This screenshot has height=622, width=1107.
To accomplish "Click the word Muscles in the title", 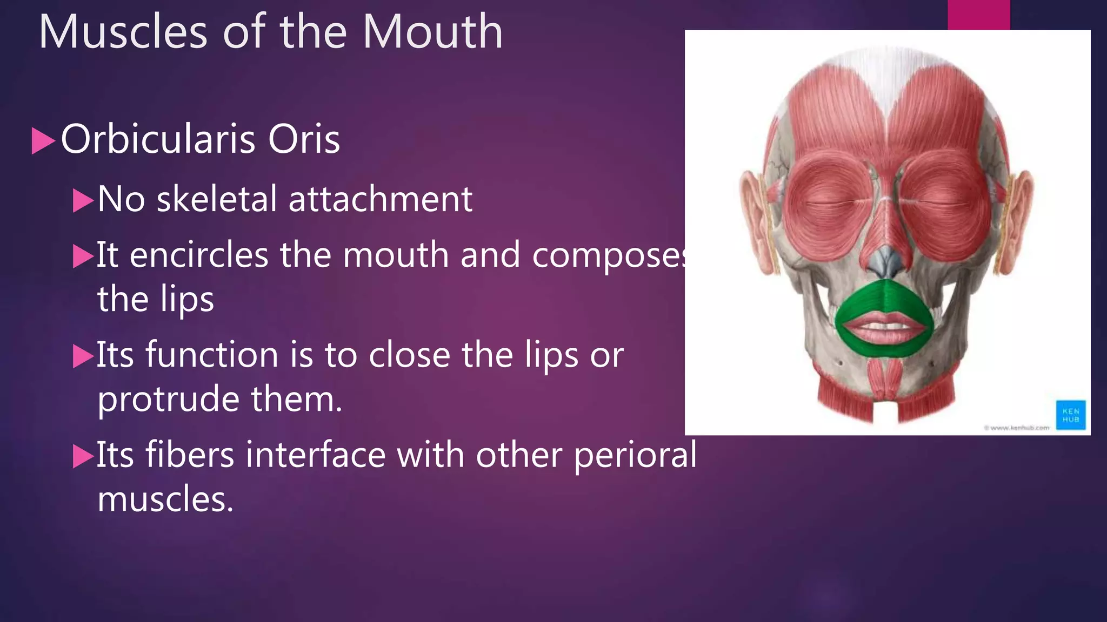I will pos(123,32).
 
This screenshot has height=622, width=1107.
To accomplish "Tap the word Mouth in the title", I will pos(432,32).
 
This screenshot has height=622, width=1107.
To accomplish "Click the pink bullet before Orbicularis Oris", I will pos(43,141).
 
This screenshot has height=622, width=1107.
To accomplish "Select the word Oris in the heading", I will pos(304,140).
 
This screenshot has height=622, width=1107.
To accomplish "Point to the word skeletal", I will pos(217,199).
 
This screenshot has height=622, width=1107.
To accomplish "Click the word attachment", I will pos(381,199).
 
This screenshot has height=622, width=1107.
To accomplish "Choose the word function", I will pos(212,355).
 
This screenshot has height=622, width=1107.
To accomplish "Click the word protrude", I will pos(168,400).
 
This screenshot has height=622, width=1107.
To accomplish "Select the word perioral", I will pos(635,455).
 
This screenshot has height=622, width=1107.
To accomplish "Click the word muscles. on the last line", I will pos(165,499).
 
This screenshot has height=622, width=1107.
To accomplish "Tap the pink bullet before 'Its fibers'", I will pos(83,456).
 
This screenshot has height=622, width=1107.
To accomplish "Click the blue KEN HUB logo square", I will pos(1070,415).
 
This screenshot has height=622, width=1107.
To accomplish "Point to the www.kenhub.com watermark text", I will pos(1016,428).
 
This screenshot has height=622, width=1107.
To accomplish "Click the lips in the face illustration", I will pos(884,327).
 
